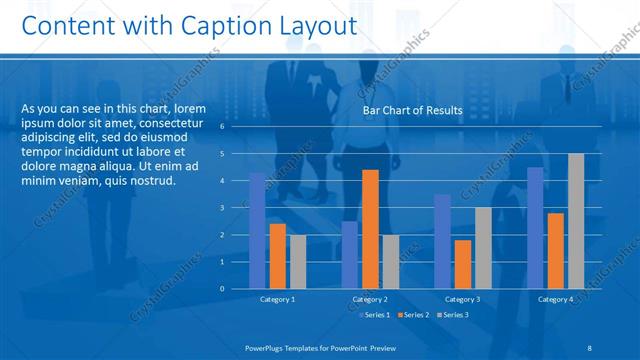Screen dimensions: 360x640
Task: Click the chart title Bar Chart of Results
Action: pyautogui.click(x=412, y=110)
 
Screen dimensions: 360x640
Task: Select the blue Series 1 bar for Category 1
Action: pyautogui.click(x=258, y=230)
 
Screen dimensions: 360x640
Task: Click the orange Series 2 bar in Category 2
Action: pyautogui.click(x=370, y=229)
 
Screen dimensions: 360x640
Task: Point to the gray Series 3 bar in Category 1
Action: pyautogui.click(x=298, y=261)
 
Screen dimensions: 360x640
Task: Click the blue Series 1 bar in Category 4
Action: pyautogui.click(x=536, y=228)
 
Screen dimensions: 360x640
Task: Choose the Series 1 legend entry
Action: pyautogui.click(x=376, y=315)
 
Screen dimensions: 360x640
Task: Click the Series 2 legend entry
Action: pyautogui.click(x=415, y=315)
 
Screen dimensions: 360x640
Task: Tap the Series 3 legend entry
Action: pyautogui.click(x=453, y=315)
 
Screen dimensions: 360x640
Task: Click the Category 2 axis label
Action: pyautogui.click(x=370, y=299)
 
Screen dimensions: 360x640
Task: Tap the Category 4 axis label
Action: pyautogui.click(x=555, y=299)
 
